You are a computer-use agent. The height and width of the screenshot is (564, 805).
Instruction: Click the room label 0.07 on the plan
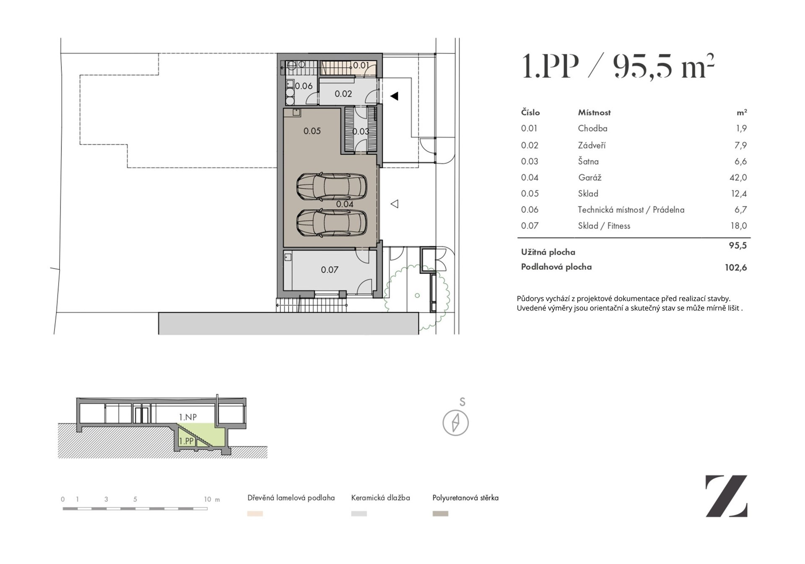point(330,270)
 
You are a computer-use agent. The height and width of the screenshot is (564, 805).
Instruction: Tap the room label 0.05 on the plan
point(312,131)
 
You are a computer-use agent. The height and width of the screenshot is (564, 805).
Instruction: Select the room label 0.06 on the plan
point(304,86)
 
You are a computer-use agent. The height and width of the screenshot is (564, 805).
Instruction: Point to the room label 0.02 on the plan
point(343,94)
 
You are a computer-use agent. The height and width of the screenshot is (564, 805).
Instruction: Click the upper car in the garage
point(332,187)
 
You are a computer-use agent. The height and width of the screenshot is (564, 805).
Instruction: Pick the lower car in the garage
point(332,223)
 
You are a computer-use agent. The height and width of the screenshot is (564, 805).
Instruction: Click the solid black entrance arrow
point(394,96)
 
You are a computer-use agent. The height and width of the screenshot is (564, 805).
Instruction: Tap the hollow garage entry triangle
point(395,204)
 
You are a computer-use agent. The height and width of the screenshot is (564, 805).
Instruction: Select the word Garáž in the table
point(589,178)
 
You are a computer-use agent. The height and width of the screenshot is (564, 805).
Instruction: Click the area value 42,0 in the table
point(738,178)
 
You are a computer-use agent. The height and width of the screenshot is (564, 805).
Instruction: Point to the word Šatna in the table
point(588,161)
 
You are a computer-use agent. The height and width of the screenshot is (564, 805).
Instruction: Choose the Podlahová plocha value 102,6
point(736,267)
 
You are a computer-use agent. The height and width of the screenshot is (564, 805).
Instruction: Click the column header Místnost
point(594,112)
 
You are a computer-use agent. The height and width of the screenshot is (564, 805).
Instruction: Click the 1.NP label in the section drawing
point(188,417)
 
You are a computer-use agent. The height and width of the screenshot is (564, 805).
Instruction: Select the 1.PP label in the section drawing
point(186,441)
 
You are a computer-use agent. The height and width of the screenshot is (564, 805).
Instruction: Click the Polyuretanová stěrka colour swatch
point(440,514)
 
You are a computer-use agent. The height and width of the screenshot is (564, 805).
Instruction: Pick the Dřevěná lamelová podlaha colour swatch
point(255,514)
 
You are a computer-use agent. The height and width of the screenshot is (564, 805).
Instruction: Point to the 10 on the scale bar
point(208,499)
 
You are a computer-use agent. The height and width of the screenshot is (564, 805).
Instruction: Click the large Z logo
point(727,496)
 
